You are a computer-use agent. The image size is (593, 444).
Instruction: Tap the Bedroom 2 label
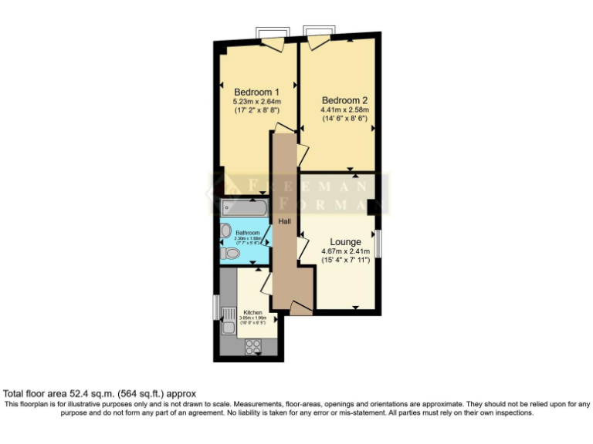click(x=344, y=100)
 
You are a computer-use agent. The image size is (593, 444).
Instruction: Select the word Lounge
click(x=345, y=242)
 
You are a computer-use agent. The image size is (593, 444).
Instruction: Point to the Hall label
click(x=285, y=221)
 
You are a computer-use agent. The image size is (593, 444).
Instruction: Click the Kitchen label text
click(x=252, y=312)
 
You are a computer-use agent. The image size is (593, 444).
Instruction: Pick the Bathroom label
click(x=248, y=233)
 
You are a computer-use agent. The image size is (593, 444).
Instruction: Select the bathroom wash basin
click(x=226, y=230)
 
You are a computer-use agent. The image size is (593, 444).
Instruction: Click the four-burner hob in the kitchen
click(x=252, y=347)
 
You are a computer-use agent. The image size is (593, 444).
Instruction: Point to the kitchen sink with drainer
click(x=229, y=321)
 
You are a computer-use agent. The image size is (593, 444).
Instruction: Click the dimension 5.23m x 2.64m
click(x=257, y=102)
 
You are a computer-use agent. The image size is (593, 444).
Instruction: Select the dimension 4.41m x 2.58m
click(x=345, y=110)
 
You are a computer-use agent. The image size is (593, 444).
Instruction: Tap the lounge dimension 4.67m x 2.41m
click(x=345, y=251)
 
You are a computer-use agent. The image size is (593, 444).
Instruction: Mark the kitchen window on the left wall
click(x=215, y=306)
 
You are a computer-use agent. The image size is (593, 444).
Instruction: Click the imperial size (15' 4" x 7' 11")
click(x=345, y=261)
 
